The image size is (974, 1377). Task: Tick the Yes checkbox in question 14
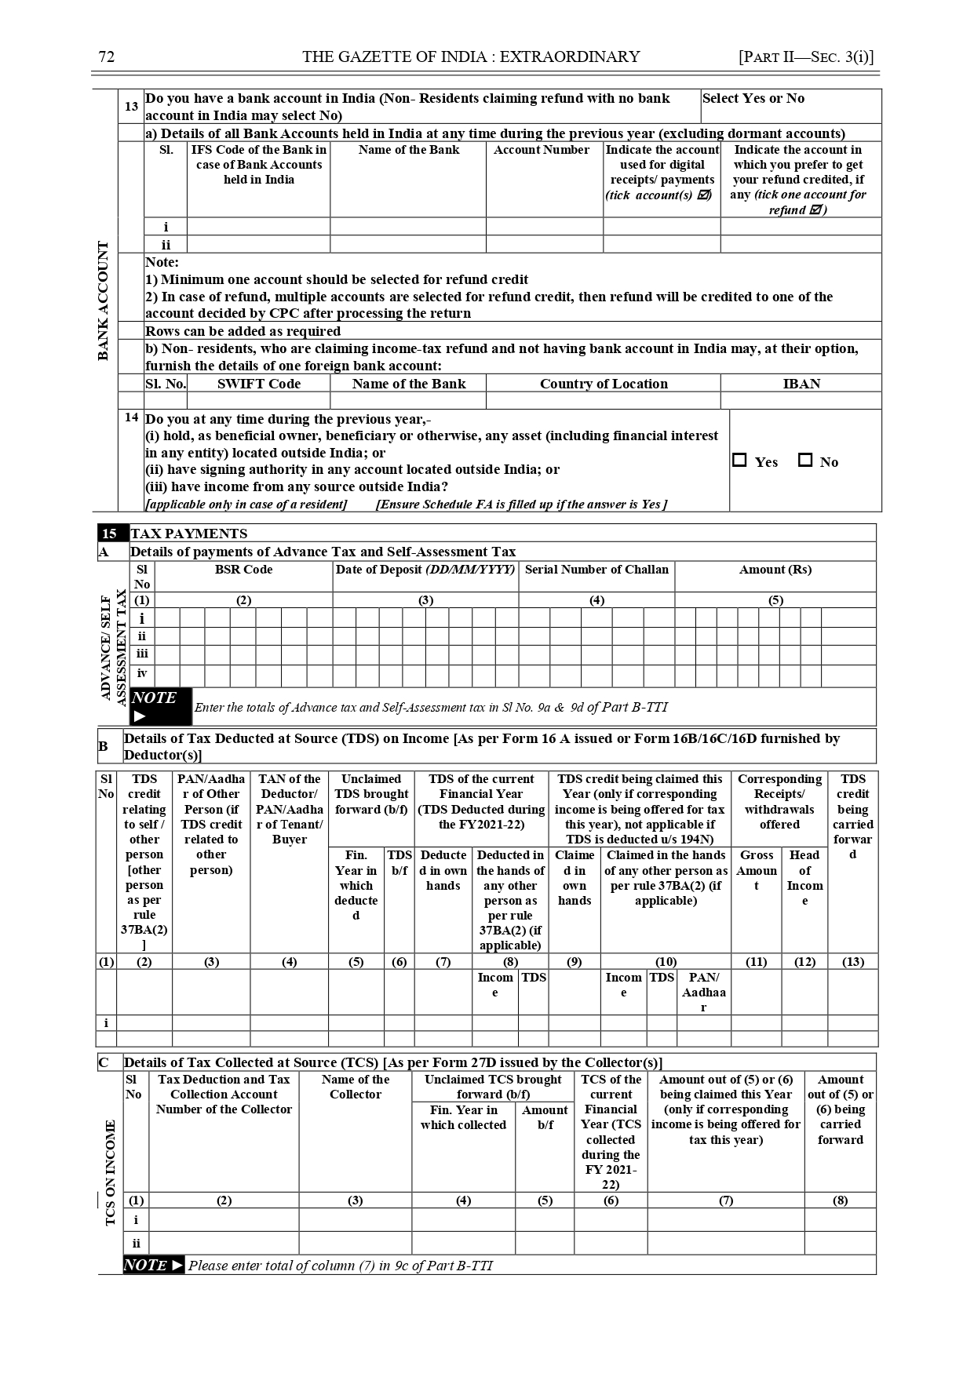point(739,461)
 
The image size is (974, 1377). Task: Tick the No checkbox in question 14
point(805,461)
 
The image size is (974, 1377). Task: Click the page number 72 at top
point(107,56)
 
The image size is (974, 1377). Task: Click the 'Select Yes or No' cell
point(753,99)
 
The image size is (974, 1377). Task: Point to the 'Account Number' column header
point(542,150)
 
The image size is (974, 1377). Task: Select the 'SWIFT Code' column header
point(259,384)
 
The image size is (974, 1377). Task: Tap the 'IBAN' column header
point(801,384)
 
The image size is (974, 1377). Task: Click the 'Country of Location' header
point(604,384)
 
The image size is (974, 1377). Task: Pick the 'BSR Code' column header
point(243,570)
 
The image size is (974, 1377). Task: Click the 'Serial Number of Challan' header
point(596,570)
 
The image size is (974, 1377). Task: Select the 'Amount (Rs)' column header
point(775,570)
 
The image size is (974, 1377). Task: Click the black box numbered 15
point(110,534)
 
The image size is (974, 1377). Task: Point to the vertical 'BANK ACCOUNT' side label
point(104,301)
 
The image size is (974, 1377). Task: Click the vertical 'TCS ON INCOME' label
point(110,1172)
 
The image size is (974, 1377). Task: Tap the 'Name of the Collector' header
point(355,1087)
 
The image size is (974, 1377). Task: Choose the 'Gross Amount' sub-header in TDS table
point(756,870)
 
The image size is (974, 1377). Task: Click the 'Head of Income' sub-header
point(804,878)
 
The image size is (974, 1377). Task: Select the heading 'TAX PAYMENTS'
point(188,534)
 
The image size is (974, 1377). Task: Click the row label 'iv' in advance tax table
point(142,673)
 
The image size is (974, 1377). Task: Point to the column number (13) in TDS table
point(853,962)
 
